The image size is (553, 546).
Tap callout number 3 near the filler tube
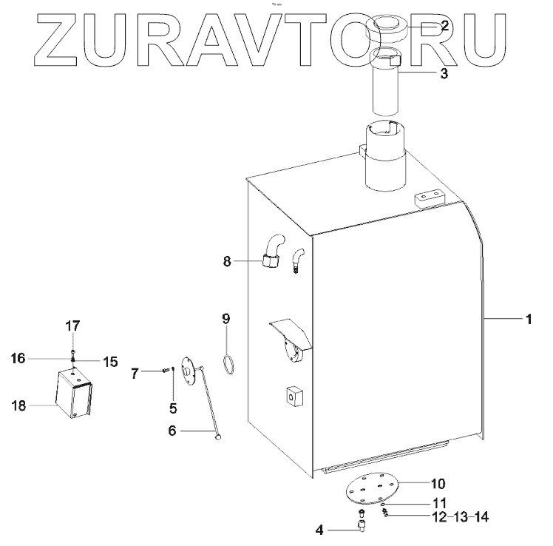pyautogui.click(x=444, y=73)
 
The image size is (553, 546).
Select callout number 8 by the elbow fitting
pyautogui.click(x=228, y=260)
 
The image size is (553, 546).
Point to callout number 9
pyautogui.click(x=226, y=319)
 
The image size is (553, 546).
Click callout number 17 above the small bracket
pyautogui.click(x=72, y=326)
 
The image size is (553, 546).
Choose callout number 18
pyautogui.click(x=19, y=405)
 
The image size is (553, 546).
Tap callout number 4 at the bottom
pyautogui.click(x=320, y=530)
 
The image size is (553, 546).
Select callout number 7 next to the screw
pyautogui.click(x=135, y=373)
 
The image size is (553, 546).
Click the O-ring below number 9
pyautogui.click(x=229, y=362)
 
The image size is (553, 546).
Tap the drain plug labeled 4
pyautogui.click(x=362, y=527)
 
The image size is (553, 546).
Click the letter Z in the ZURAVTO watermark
pyautogui.click(x=59, y=38)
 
